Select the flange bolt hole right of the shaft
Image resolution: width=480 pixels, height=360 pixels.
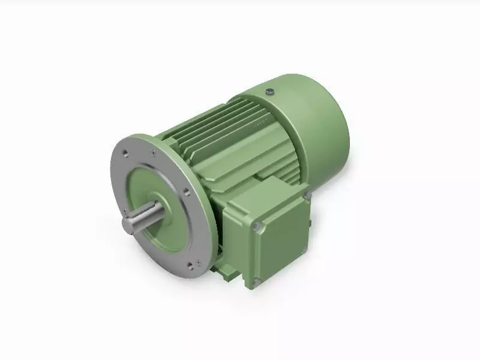point(187,193)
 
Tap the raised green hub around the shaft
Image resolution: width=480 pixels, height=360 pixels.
point(157,206)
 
